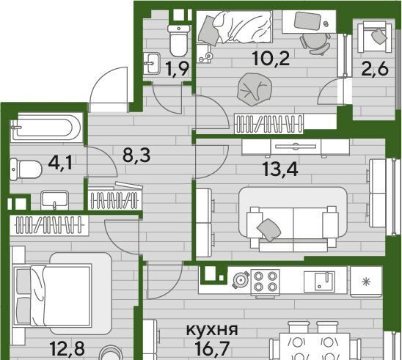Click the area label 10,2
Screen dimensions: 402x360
coord(271,59)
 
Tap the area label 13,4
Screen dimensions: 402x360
coord(281,169)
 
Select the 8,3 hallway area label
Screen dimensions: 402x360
coord(136,155)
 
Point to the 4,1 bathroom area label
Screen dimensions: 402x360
coord(60,163)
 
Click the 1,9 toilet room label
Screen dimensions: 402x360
coord(178,69)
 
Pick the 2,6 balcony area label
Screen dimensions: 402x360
coord(375,69)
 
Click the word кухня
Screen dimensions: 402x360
coord(212,330)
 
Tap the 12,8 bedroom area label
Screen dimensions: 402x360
coord(67,348)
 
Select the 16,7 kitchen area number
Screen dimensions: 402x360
coord(212,348)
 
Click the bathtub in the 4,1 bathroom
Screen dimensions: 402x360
coord(46,128)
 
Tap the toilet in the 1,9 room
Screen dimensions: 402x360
coord(179,40)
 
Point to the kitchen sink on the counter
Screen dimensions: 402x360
coord(319,282)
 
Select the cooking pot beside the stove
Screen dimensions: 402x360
coord(241,280)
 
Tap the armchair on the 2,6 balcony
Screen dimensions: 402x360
coord(374,37)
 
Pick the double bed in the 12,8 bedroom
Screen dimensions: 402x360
coord(53,295)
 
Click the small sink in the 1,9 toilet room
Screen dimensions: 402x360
coord(152,63)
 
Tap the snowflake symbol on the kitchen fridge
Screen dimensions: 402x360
coord(366,282)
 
